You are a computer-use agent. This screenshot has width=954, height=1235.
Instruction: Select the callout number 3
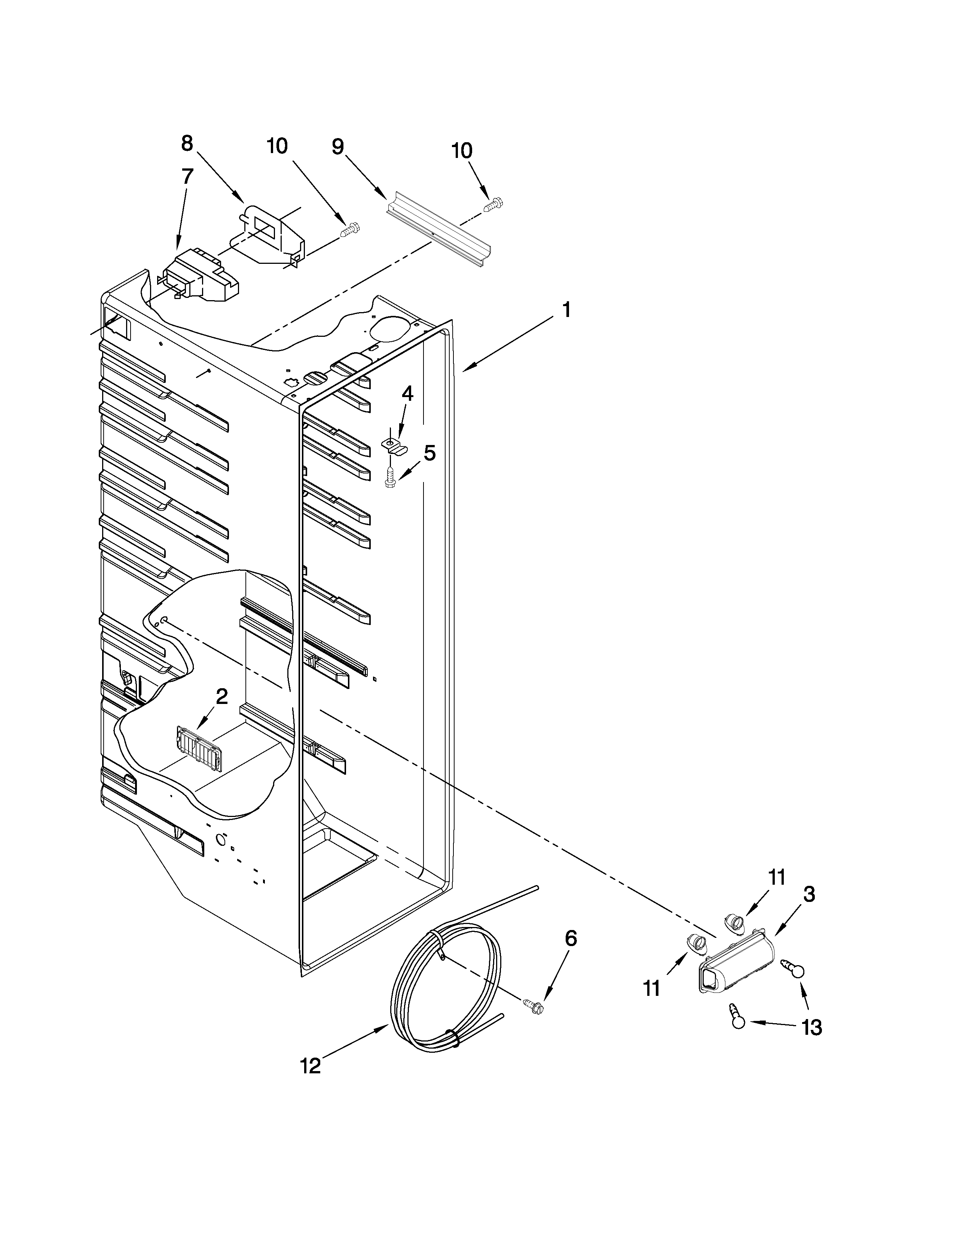coord(809,894)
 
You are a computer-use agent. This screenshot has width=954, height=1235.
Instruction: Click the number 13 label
coord(811,1027)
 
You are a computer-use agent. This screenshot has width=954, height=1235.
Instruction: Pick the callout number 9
coord(337,147)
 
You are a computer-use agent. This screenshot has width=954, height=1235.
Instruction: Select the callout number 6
coord(571,939)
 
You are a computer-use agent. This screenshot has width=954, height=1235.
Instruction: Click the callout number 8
coord(187,144)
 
